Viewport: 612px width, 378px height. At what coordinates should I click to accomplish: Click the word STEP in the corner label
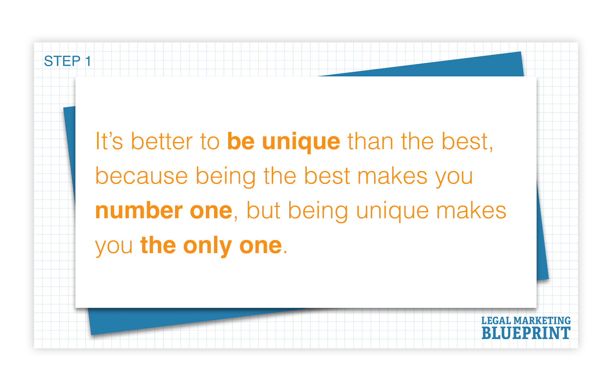[x=62, y=61]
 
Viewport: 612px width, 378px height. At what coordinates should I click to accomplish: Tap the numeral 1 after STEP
[x=88, y=61]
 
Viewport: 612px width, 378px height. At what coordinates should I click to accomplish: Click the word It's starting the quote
[x=109, y=141]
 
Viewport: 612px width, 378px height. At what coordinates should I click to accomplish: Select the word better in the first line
[x=162, y=141]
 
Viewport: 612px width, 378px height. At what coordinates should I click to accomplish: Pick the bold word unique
[x=301, y=143]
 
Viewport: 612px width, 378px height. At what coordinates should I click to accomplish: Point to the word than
[x=370, y=141]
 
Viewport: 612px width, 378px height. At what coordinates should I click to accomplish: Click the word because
[x=142, y=176]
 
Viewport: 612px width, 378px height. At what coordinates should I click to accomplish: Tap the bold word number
[x=139, y=210]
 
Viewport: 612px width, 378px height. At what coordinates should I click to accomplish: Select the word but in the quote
[x=263, y=210]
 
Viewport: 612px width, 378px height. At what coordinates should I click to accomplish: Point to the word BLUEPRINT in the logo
[x=526, y=333]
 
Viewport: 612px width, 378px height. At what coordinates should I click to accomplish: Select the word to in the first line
[x=210, y=141]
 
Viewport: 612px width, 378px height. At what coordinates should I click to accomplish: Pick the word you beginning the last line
[x=114, y=247]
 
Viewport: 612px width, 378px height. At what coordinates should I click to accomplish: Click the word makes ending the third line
[x=471, y=210]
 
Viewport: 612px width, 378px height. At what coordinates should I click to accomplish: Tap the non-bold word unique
[x=392, y=212]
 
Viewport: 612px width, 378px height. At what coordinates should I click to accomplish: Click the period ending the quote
[x=285, y=253]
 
